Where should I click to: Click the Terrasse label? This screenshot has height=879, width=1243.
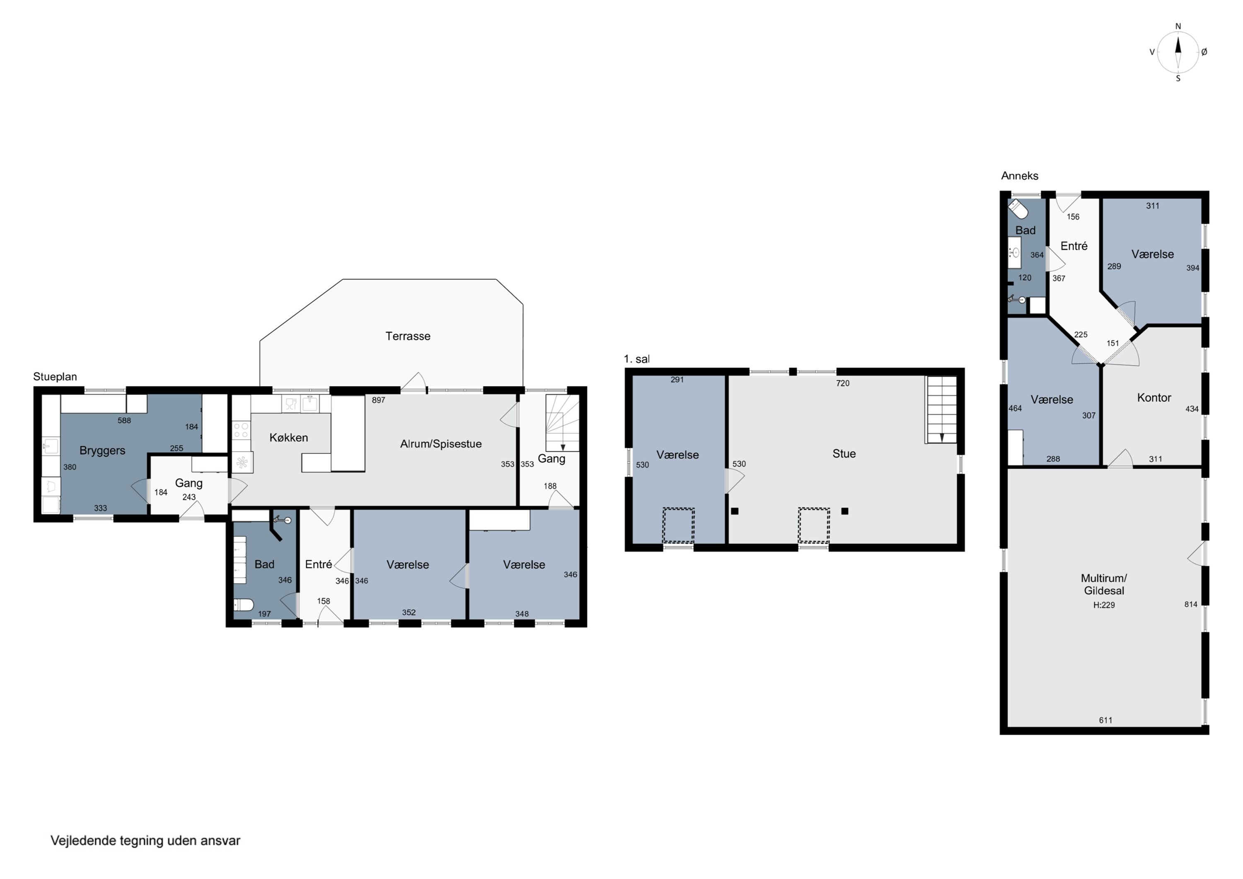(408, 337)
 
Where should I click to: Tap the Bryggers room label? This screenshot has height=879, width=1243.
(102, 450)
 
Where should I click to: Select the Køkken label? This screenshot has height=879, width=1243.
(288, 438)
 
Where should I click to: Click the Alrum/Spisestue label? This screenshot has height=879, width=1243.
(441, 444)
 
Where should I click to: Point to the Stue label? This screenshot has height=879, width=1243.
(844, 454)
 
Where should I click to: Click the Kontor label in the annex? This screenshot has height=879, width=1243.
(1154, 398)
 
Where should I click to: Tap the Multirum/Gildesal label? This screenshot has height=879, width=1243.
(1104, 584)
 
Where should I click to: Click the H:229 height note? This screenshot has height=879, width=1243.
(1104, 605)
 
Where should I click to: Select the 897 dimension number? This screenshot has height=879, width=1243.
(378, 400)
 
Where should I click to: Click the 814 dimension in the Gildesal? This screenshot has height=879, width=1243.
(1190, 604)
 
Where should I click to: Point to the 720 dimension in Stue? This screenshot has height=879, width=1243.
(842, 383)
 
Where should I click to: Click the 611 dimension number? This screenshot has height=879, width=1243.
(1105, 720)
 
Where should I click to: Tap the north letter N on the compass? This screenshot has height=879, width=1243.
(1178, 27)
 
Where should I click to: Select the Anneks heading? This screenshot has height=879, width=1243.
(1019, 175)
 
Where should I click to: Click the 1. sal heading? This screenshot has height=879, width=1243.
(637, 359)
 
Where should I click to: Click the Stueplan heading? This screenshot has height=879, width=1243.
(55, 377)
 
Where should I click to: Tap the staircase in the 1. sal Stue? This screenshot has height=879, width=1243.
(941, 410)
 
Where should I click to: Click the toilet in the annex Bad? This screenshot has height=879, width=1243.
(1018, 208)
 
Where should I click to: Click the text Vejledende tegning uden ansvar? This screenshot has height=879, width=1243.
(145, 840)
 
